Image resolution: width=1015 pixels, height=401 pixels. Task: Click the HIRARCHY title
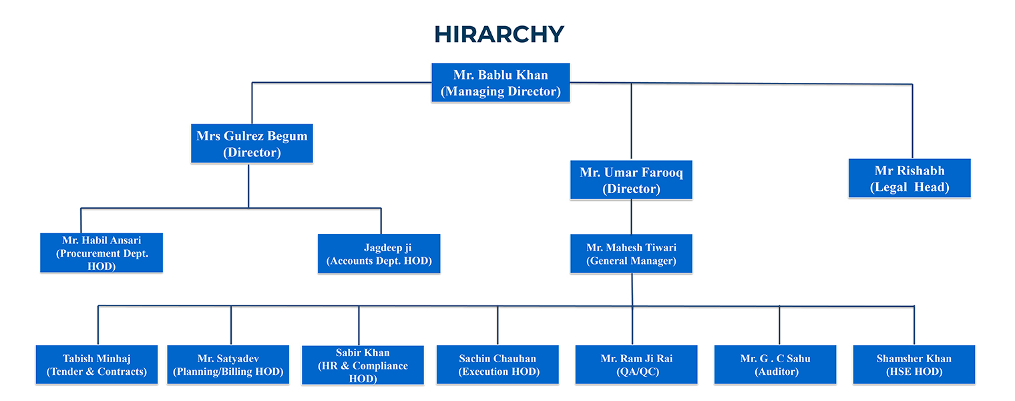(x=499, y=33)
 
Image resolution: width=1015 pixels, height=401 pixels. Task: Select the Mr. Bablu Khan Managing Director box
(x=501, y=82)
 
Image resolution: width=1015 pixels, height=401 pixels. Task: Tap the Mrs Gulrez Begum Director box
(x=252, y=144)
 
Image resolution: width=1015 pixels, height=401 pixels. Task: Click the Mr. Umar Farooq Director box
(x=631, y=180)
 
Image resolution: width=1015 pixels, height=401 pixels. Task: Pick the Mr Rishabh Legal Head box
(x=909, y=178)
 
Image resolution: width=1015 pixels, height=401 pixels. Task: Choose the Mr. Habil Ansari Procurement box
(x=101, y=253)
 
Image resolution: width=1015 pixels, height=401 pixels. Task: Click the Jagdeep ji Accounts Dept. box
(x=379, y=253)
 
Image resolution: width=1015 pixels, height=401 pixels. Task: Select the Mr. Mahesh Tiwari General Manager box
(x=631, y=253)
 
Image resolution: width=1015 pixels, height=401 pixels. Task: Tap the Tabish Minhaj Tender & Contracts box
(x=97, y=364)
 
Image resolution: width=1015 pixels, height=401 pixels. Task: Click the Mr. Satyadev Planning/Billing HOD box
(x=228, y=364)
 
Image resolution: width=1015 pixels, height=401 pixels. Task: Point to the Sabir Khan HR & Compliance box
(x=363, y=365)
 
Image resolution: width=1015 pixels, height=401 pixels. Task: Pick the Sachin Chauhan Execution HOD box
(x=497, y=364)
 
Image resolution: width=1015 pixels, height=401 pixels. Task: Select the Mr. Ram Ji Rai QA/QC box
(x=636, y=364)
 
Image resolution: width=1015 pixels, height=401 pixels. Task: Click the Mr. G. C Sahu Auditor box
(x=775, y=364)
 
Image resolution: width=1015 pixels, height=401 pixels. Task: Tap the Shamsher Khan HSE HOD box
(x=914, y=364)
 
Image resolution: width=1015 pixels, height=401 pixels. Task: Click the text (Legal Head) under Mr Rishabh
(x=909, y=187)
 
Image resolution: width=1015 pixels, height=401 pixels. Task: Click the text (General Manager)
(x=631, y=261)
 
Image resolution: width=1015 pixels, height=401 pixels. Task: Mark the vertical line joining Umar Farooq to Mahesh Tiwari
(x=632, y=217)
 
